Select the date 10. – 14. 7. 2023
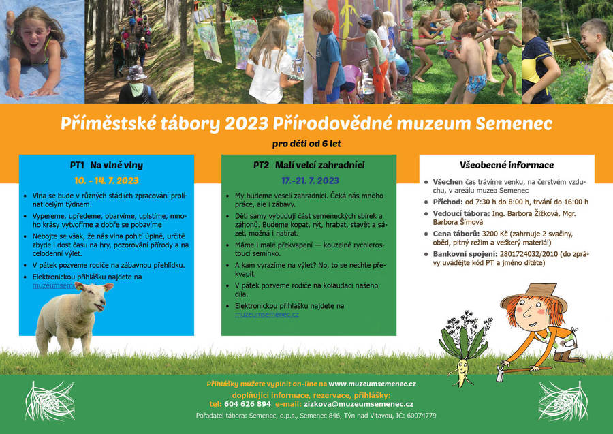point(106,181)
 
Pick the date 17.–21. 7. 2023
point(310,181)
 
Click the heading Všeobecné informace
point(507,165)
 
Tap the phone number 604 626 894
point(247,404)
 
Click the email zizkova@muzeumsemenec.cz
point(358,404)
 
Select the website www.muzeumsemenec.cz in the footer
point(372,384)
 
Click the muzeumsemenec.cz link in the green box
point(266,315)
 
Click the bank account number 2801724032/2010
point(529,254)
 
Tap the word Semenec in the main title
point(514,123)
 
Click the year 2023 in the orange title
point(246,123)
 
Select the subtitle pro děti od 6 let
point(306,144)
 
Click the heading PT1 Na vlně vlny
point(106,165)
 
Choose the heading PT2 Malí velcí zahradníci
point(309,165)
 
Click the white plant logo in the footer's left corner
point(50,401)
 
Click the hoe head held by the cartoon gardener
point(501,373)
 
